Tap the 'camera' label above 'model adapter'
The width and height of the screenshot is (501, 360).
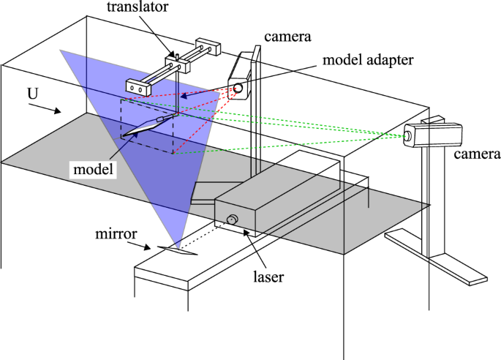click(x=283, y=34)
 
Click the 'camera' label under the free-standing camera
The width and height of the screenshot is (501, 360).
click(x=476, y=154)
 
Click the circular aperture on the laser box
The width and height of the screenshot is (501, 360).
click(x=233, y=220)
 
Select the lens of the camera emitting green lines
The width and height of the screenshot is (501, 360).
click(x=408, y=135)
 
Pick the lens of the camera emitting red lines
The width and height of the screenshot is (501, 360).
click(x=238, y=89)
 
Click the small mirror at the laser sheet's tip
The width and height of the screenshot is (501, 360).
click(x=177, y=250)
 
